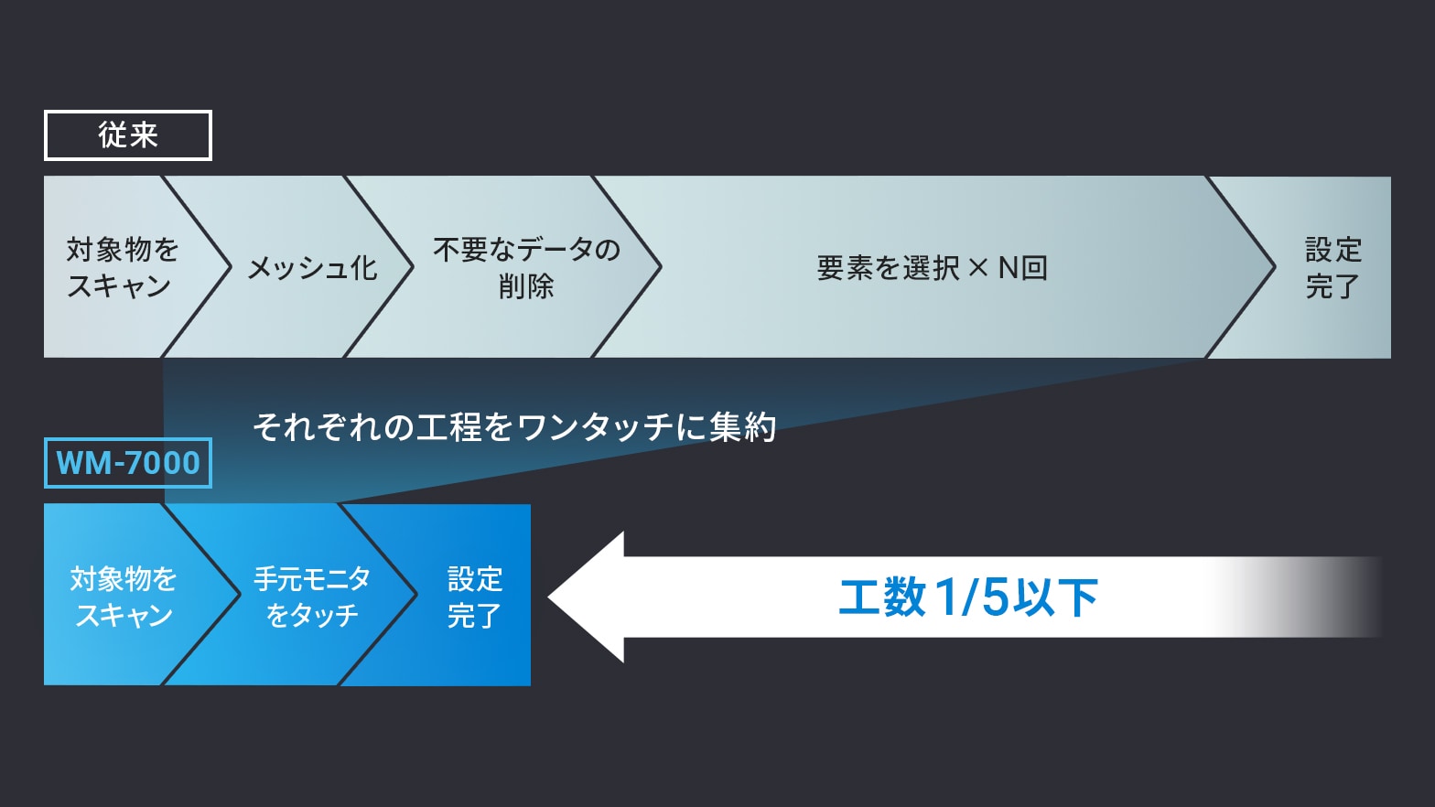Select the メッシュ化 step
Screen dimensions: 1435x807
pos(312,267)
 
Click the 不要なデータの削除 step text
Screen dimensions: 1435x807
pos(526,267)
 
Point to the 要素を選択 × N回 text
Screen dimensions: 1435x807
pos(932,268)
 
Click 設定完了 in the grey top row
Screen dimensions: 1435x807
pos(1333,268)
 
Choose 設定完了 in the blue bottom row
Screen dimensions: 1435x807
pos(475,597)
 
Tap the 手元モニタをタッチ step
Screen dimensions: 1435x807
pos(312,597)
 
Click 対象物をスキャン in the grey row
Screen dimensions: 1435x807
pos(123,267)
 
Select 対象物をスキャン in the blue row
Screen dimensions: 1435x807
pos(124,597)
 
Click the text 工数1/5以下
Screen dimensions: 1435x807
pos(968,597)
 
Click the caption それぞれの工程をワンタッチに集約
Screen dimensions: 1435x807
pos(514,427)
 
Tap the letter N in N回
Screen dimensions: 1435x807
pos(1009,268)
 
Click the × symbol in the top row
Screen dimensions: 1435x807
pos(978,268)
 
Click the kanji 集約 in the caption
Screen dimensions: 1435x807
pos(743,427)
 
